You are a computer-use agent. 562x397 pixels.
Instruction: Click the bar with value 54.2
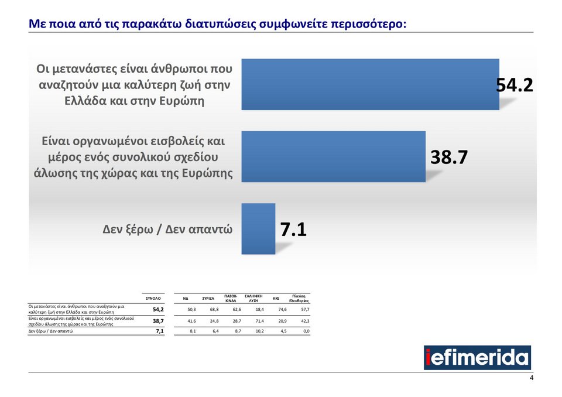pyautogui.click(x=370, y=84)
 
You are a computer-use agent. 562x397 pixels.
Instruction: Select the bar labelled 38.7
pyautogui.click(x=333, y=156)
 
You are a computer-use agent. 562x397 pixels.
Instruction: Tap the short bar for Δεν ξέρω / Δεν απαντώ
pyautogui.click(x=258, y=228)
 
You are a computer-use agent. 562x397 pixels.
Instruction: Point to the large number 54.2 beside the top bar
pyautogui.click(x=515, y=85)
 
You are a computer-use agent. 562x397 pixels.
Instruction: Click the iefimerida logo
pyautogui.click(x=477, y=357)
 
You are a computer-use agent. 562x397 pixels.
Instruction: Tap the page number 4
pyautogui.click(x=532, y=378)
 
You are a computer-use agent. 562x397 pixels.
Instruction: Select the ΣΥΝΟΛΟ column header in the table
pyautogui.click(x=153, y=298)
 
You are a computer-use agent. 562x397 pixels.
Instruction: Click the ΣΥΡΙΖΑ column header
pyautogui.click(x=208, y=299)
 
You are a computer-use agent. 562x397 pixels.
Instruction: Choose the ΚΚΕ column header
pyautogui.click(x=276, y=299)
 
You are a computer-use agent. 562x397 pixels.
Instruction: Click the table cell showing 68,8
pyautogui.click(x=214, y=309)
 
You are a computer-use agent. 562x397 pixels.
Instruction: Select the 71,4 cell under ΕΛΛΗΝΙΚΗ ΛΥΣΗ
pyautogui.click(x=259, y=321)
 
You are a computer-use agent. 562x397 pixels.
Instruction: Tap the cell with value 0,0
pyautogui.click(x=306, y=331)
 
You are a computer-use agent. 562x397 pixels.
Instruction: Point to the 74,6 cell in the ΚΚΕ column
pyautogui.click(x=282, y=309)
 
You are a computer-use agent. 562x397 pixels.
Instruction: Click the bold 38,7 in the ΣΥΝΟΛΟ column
pyautogui.click(x=158, y=321)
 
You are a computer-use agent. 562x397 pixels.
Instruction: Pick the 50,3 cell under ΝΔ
pyautogui.click(x=191, y=309)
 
